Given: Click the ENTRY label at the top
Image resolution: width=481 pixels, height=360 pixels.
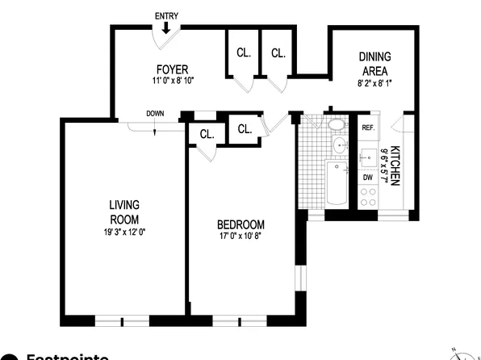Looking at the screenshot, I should point(166,16).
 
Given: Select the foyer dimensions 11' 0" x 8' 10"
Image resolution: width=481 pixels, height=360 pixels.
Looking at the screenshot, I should point(174,81).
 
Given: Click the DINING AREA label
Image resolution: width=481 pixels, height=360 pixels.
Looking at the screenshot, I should point(374,63).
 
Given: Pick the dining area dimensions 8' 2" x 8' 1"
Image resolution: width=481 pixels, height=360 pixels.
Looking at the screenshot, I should point(374,82).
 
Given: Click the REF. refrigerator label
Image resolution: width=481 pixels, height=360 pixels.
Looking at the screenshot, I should point(368,128).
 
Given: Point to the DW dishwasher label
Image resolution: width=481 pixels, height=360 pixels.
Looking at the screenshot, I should point(367,177).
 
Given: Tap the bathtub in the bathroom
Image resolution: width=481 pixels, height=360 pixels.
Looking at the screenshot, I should point(337,184).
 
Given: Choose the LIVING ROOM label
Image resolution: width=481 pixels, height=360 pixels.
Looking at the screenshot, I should point(124,211).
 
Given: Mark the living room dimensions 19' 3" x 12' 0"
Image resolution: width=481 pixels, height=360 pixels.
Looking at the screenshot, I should point(124,232).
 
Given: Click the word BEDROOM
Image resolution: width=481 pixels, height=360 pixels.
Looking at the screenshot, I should point(241,224).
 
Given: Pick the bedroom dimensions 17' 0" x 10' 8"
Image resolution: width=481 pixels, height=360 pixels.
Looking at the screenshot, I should point(241,237).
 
